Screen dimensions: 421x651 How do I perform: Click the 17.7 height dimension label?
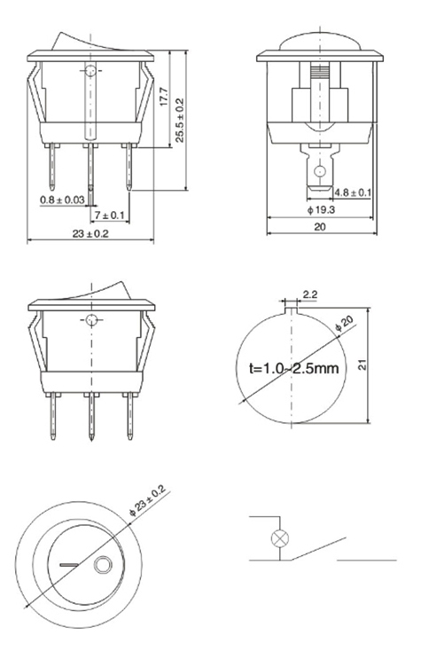(x=164, y=97)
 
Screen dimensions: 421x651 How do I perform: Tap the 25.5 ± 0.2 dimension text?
(x=180, y=121)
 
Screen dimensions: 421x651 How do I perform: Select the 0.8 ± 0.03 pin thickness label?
(x=62, y=200)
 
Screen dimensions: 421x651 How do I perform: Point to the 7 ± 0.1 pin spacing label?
(x=110, y=216)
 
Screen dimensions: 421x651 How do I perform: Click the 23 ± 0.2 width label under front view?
(x=90, y=234)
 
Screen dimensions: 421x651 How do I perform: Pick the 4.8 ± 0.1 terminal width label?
(x=353, y=192)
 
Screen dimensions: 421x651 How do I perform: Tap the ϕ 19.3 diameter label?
(x=321, y=210)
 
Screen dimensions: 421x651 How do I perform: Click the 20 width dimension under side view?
(x=320, y=227)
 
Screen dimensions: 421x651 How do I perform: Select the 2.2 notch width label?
(x=310, y=294)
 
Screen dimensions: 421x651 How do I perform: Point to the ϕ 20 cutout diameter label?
(x=344, y=324)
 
